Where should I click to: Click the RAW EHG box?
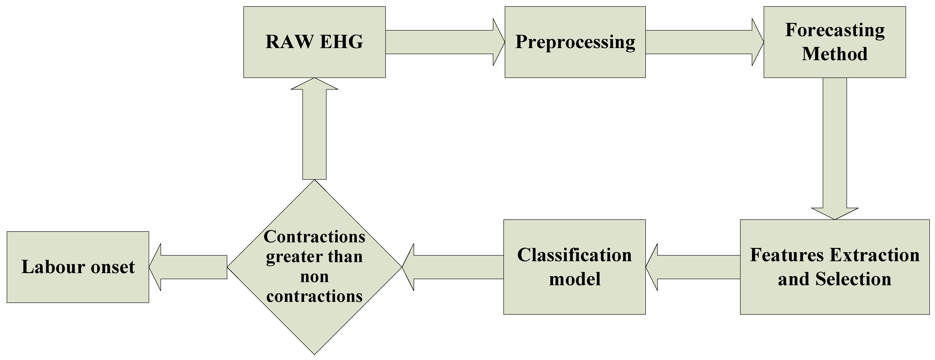(314, 42)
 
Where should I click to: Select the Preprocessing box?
(575, 42)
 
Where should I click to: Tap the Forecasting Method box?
(834, 42)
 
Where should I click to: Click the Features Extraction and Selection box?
(834, 267)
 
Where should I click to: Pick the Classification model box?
(574, 267)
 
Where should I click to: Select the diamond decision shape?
(314, 267)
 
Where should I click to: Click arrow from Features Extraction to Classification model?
(693, 267)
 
